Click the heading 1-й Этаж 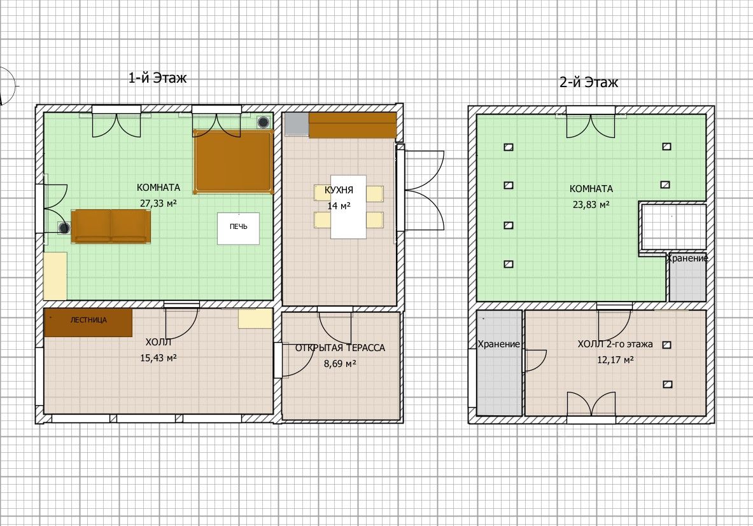(x=157, y=78)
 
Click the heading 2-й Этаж (x=589, y=83)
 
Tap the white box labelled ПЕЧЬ (x=238, y=228)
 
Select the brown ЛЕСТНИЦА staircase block (x=88, y=322)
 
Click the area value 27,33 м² (x=158, y=204)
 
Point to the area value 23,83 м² (x=591, y=205)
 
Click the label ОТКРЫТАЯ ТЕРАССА (x=340, y=348)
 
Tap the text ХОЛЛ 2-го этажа (x=615, y=344)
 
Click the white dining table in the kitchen (x=348, y=207)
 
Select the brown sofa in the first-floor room (x=111, y=226)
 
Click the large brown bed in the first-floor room (x=234, y=162)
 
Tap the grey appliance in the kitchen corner (x=297, y=124)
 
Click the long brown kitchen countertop (x=353, y=125)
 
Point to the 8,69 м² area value (x=340, y=364)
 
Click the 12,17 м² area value (x=615, y=360)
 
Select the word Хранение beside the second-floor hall (x=499, y=344)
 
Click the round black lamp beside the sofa (x=64, y=228)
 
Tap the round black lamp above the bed (x=263, y=122)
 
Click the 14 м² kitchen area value (x=339, y=206)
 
